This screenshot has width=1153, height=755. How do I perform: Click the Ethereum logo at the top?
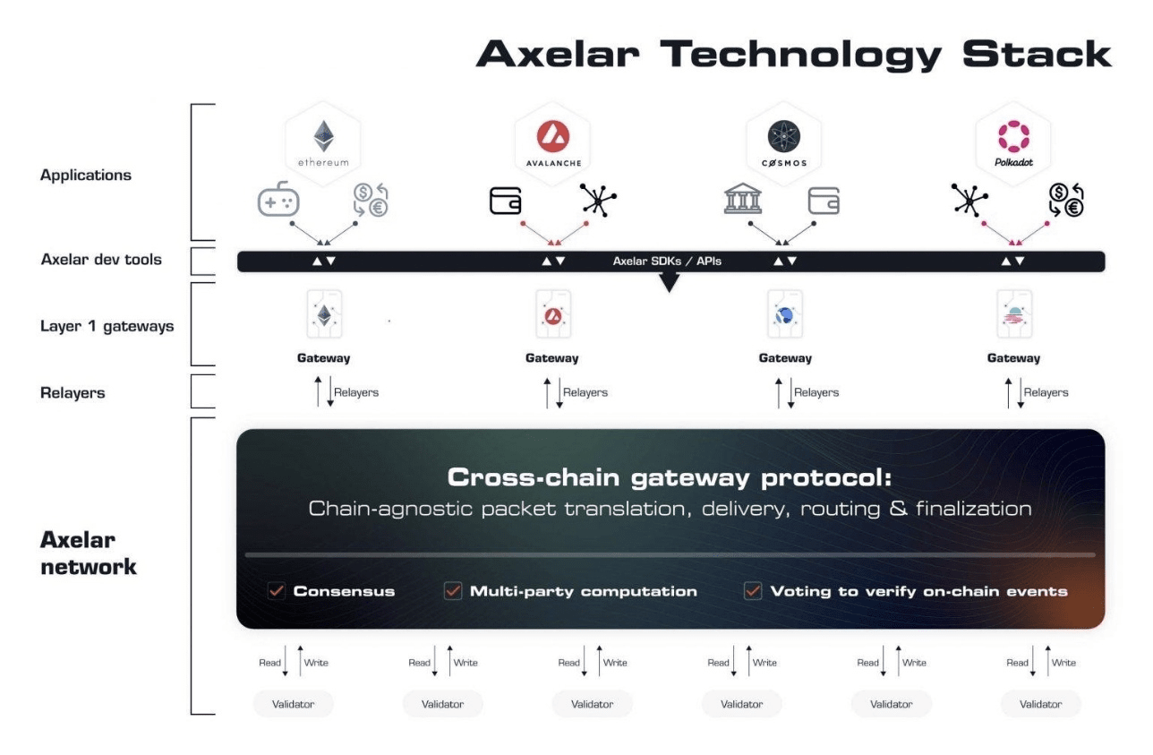click(323, 136)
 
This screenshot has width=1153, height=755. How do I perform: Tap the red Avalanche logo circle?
click(553, 136)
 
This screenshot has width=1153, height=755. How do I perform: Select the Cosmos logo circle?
click(784, 136)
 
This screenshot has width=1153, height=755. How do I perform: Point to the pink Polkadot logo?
click(1013, 136)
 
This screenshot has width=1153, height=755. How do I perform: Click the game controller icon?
click(278, 199)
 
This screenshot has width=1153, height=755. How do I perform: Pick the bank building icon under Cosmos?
click(742, 198)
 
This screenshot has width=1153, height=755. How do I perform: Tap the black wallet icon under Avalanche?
click(506, 201)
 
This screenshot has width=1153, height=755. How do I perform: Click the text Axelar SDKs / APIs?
click(667, 262)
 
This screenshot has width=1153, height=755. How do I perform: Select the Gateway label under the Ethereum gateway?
click(323, 358)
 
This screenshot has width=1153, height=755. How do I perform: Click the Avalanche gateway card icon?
click(553, 313)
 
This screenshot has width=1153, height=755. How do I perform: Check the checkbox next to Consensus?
click(277, 591)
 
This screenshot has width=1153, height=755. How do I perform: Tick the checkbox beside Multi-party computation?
click(453, 591)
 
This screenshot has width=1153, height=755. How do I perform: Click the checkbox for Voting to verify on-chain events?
click(753, 591)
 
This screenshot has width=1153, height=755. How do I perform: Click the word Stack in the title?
click(1037, 54)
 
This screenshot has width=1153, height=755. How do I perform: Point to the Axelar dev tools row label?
click(101, 259)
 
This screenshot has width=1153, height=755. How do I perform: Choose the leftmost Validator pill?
click(293, 704)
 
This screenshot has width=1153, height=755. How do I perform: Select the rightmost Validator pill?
click(1040, 704)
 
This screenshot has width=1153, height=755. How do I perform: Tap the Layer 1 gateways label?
click(107, 326)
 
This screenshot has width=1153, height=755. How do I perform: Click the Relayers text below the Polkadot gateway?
click(1046, 392)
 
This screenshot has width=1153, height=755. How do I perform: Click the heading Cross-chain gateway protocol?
click(670, 477)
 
